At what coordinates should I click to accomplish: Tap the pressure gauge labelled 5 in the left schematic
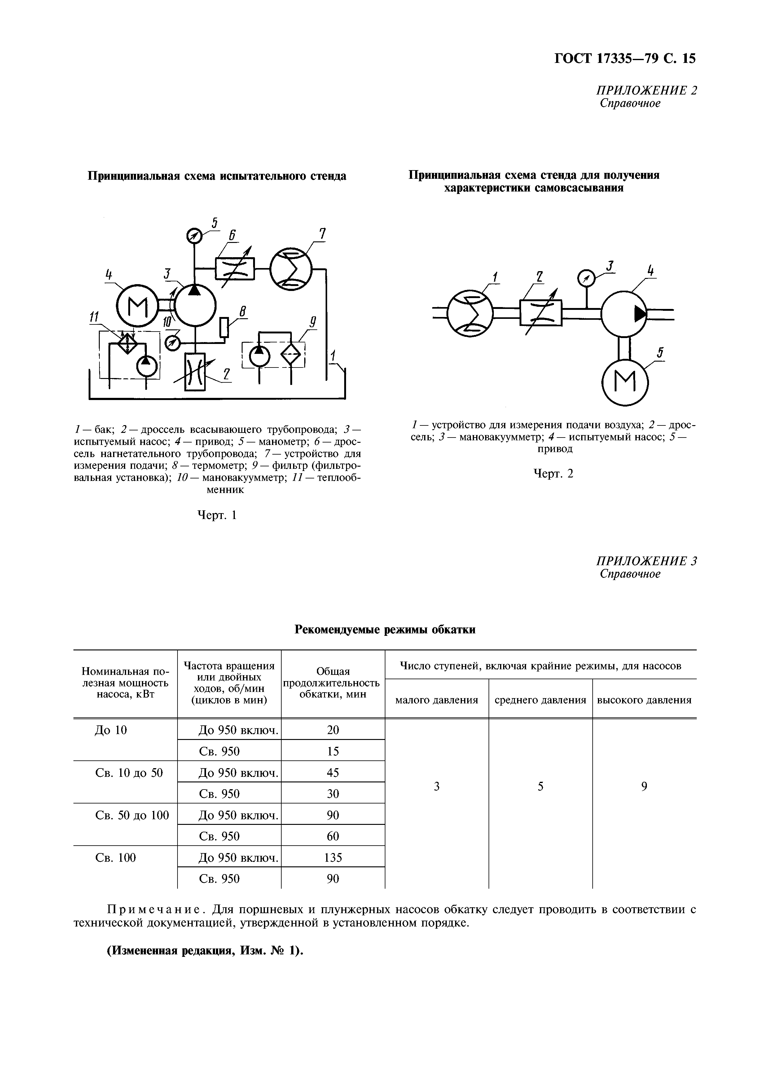[194, 235]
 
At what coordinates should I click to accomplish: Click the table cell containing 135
[333, 857]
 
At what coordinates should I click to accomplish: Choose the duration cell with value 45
[333, 772]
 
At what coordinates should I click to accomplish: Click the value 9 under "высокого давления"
[644, 787]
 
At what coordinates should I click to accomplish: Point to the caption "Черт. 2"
[553, 473]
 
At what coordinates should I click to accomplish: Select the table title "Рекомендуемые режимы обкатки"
[385, 630]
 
